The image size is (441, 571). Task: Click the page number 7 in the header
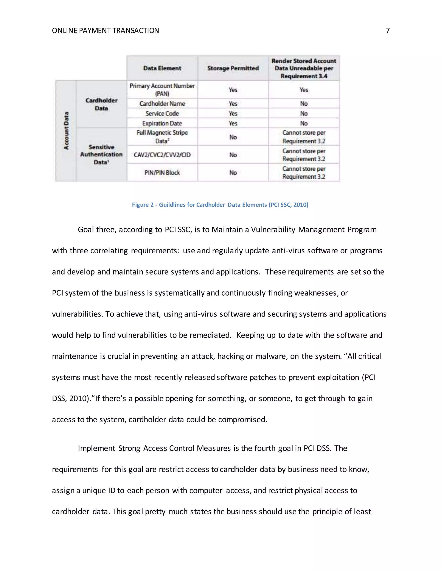coord(388,31)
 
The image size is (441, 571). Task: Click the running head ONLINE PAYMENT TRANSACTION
coord(105,31)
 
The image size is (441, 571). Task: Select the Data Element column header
coord(162,68)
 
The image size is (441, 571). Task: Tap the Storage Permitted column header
coord(233,68)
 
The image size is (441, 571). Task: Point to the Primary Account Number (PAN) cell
coord(162,90)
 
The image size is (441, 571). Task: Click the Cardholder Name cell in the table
coord(162,103)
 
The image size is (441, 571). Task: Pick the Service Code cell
coord(162,114)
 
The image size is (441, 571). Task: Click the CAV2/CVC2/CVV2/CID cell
coord(162,155)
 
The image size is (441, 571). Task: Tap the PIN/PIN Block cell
coord(162,173)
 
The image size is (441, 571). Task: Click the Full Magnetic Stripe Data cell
coord(162,137)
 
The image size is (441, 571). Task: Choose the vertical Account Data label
coord(66,131)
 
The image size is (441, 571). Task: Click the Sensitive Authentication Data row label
coord(101,154)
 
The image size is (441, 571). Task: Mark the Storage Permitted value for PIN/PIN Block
coord(233,173)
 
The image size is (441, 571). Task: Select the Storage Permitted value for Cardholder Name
coord(233,103)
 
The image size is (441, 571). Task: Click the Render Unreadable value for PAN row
coord(304,90)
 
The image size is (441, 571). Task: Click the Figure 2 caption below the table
coord(220,205)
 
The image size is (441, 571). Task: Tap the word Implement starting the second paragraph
coord(96,448)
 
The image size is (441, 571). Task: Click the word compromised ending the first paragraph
coord(242,420)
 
